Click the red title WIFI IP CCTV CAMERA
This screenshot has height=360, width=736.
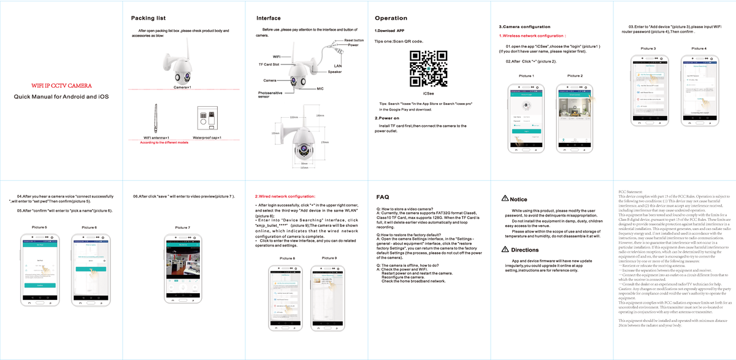click(x=61, y=85)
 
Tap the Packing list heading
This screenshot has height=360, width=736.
click(x=144, y=18)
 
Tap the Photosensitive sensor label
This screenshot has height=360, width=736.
click(x=270, y=94)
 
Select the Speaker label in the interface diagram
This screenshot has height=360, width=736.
click(x=334, y=72)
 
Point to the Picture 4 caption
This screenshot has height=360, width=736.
click(x=699, y=48)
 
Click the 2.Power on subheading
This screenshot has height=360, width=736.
click(x=387, y=118)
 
